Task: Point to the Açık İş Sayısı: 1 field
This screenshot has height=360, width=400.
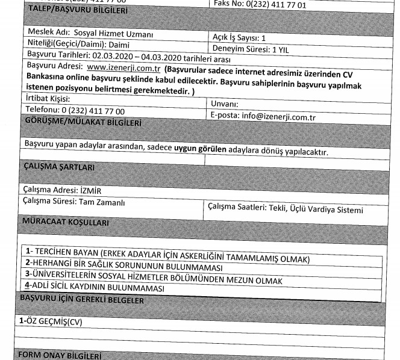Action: [239, 37]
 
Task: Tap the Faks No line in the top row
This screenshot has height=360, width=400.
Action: [260, 4]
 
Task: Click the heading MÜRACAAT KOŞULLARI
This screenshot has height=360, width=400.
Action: [64, 223]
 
